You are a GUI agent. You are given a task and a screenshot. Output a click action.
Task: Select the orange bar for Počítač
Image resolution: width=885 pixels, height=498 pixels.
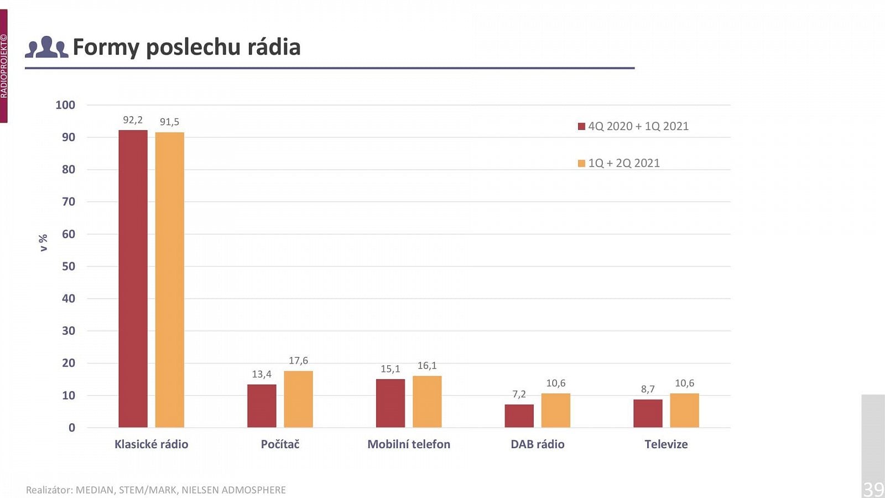(298, 399)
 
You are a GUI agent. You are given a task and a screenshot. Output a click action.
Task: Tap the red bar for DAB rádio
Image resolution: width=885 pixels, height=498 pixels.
(519, 416)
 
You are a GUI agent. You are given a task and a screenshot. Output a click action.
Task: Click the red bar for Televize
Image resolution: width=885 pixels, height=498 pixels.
(648, 413)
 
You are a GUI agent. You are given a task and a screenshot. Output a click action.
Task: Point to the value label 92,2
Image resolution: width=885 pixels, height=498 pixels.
(133, 120)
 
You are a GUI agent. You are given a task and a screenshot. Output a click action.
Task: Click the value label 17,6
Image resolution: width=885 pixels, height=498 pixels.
(298, 361)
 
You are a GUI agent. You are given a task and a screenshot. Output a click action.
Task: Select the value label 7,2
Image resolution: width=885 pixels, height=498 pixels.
(519, 394)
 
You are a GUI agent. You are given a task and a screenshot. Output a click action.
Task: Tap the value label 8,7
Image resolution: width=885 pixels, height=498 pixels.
(648, 389)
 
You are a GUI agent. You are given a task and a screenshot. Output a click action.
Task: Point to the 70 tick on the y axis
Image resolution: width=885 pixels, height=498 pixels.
(69, 202)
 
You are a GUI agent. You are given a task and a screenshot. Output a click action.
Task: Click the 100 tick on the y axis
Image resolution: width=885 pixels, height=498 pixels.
(65, 105)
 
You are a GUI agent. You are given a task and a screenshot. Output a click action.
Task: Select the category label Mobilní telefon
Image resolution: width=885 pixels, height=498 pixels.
(409, 444)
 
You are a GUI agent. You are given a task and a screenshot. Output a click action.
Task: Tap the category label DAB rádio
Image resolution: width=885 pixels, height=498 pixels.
(538, 444)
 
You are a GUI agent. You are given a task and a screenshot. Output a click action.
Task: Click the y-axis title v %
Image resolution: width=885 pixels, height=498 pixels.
(43, 242)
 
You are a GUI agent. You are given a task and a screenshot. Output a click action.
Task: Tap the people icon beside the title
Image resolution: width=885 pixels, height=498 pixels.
(46, 48)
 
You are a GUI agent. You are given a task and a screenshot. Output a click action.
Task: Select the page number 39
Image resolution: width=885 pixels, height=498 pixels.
(873, 489)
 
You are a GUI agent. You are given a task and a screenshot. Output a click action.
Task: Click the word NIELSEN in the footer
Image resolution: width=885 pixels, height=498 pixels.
(201, 490)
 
